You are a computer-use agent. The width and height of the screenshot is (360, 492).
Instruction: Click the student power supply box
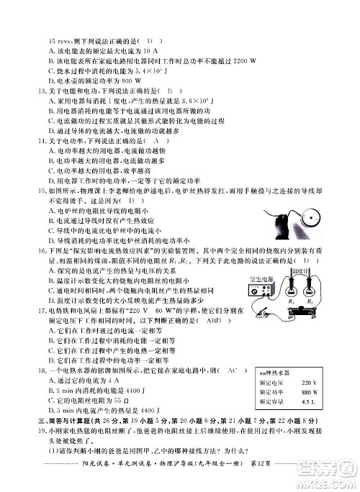coord(260,293)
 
